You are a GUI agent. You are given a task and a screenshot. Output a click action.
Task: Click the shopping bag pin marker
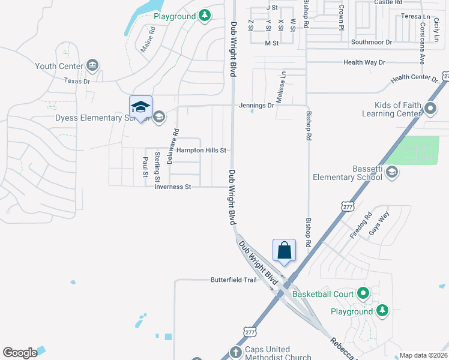click(285, 250)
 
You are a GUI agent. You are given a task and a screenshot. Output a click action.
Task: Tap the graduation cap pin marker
click(140, 107)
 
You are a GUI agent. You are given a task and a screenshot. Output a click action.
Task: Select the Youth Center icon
click(92, 65)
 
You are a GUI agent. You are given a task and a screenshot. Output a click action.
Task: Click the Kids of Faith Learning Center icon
click(430, 109)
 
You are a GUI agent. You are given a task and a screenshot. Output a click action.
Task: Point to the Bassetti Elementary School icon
click(391, 173)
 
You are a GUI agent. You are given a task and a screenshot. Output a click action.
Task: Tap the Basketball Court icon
click(363, 294)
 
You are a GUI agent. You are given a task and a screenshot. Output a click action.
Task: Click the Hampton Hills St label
click(200, 150)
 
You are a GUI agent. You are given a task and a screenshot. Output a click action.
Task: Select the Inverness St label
click(172, 187)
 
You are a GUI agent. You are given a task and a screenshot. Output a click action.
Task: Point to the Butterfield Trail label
click(234, 280)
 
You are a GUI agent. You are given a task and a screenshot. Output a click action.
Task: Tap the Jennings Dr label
click(256, 105)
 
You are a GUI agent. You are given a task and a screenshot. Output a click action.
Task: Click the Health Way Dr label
click(364, 62)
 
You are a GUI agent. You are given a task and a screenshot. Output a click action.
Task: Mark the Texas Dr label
click(77, 81)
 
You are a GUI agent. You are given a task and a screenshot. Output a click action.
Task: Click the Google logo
click(20, 352)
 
